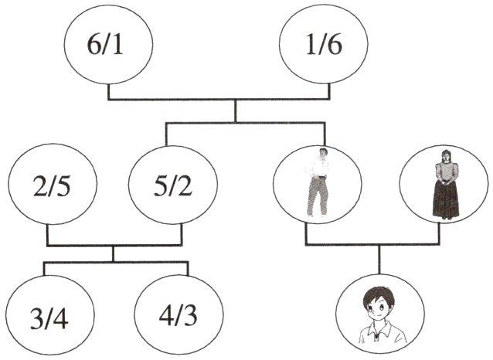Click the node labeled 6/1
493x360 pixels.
(108, 45)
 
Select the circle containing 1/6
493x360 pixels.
(324, 45)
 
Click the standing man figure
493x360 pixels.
(317, 182)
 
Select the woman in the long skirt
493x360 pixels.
(446, 184)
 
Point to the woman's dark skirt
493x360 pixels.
(446, 199)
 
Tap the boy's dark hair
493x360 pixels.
(377, 296)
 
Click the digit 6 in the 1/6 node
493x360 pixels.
(335, 46)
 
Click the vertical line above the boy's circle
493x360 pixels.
(379, 260)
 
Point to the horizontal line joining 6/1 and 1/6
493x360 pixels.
(219, 100)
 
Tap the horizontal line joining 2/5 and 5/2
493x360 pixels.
(114, 245)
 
